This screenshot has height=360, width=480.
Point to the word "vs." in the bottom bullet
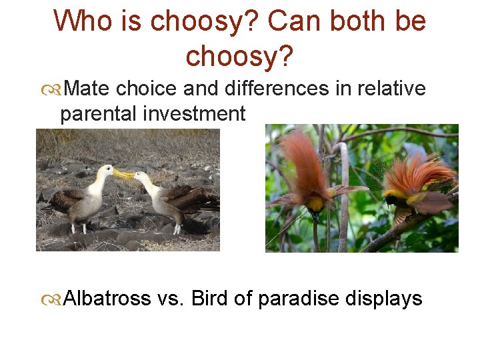click(171, 298)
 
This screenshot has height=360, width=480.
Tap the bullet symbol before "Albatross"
click(51, 299)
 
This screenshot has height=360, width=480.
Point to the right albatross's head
click(143, 177)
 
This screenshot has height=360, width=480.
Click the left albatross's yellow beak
click(123, 175)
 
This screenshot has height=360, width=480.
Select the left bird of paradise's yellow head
click(315, 203)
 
